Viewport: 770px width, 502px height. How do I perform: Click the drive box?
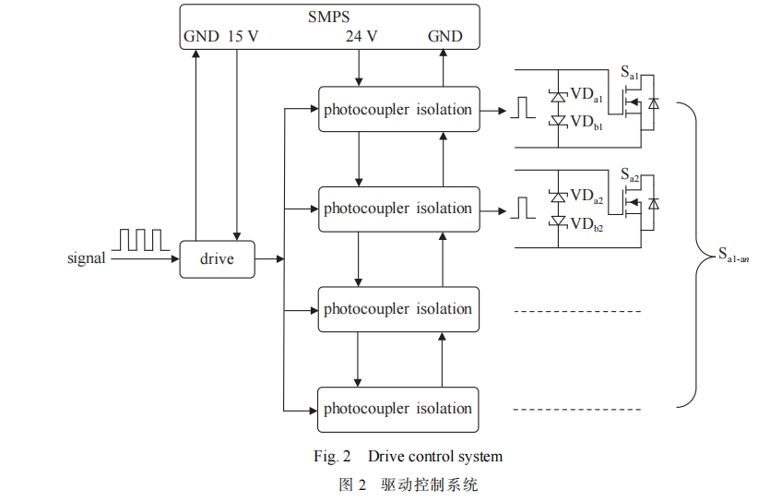[x=217, y=259]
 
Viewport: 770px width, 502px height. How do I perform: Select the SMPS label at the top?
[x=329, y=16]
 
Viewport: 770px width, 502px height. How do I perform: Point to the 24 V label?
[x=361, y=37]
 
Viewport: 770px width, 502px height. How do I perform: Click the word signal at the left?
[x=87, y=259]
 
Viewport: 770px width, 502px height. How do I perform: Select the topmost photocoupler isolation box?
[x=397, y=110]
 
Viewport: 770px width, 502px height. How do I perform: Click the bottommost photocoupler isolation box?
[x=397, y=409]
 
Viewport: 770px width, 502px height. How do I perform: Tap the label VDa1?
[x=586, y=94]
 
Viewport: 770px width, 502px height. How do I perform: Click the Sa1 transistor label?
[x=630, y=71]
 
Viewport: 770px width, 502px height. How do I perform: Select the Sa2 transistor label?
[x=630, y=174]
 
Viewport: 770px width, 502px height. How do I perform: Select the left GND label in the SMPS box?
[x=201, y=37]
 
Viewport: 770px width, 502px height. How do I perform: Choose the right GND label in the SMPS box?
[x=445, y=37]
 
